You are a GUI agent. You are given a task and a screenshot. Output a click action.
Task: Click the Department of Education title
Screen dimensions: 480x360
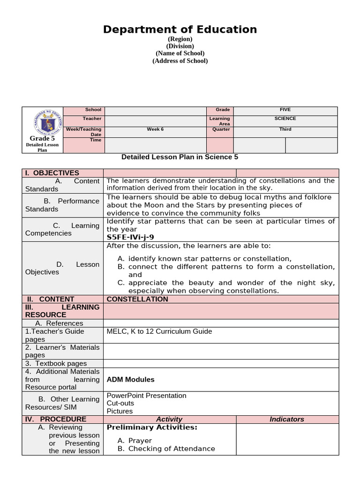[x=180, y=30]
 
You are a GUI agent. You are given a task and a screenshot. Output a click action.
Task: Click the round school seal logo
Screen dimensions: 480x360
[x=43, y=121]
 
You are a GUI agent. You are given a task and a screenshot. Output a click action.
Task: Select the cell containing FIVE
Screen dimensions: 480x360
[x=285, y=110]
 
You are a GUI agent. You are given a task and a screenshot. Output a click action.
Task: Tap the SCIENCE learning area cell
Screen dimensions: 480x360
[x=285, y=119]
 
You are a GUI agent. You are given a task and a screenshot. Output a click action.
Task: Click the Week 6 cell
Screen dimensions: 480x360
[x=155, y=129]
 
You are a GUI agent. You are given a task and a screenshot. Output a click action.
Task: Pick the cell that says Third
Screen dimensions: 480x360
[x=285, y=129]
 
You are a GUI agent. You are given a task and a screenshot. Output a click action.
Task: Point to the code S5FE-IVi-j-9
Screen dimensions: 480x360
[x=130, y=237]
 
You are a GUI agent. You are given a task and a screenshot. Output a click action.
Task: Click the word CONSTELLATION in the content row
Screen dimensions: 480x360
[x=137, y=299]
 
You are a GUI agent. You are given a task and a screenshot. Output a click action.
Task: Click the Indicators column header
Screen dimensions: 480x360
[x=287, y=419]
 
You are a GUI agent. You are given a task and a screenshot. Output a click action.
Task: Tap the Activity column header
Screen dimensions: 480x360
[x=169, y=419]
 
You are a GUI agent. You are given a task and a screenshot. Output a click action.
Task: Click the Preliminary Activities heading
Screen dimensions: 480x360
[x=152, y=427]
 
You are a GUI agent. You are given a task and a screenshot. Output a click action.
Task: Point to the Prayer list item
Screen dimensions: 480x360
[x=140, y=441]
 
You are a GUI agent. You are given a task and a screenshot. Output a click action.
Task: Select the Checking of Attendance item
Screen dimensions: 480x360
[x=172, y=449]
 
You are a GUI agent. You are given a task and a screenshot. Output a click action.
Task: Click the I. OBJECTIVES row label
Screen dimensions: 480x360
[x=52, y=172]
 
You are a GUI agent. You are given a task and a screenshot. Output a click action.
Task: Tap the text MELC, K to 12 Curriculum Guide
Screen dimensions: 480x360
[x=159, y=331]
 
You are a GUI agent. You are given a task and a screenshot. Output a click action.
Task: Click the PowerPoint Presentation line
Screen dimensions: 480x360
[x=147, y=395]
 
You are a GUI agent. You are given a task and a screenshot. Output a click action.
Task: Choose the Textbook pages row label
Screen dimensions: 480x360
[x=56, y=363]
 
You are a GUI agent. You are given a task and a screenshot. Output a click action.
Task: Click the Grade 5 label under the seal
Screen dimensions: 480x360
[x=42, y=138]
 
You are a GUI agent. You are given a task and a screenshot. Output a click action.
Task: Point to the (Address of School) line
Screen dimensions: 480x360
[x=180, y=60]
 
